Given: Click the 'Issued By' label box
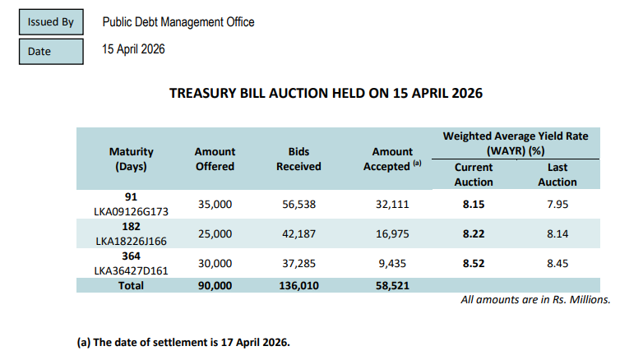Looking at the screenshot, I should pos(51,22).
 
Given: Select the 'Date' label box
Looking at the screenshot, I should pos(51,51).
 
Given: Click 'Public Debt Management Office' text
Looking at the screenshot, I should pos(178,22).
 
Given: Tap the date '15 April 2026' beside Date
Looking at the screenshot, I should pos(133,49).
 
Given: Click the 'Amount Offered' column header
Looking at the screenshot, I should pos(215,159).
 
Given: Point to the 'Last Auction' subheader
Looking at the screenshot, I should pos(557,174).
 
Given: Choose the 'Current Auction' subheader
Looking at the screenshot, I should pos(474,174).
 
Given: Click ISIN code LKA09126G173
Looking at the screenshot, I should pos(132,211).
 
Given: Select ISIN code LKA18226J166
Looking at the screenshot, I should pos(132,242).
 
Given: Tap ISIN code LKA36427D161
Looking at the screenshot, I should pos(132,270).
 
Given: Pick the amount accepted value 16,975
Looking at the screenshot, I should pos(391,233).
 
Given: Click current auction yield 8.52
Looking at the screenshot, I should pos(474,264).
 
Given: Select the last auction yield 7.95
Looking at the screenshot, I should pos(557,204).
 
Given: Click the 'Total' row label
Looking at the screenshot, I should pos(131,285).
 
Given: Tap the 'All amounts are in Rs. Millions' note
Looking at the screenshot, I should pos(535,300).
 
